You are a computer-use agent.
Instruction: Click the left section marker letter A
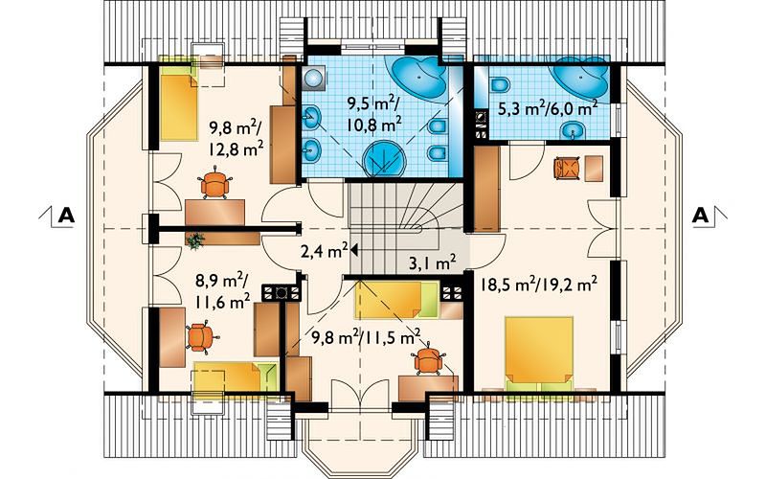pyautogui.click(x=66, y=216)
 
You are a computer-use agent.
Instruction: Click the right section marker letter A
pyautogui.click(x=700, y=216)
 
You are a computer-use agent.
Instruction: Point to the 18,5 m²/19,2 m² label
pyautogui.click(x=538, y=285)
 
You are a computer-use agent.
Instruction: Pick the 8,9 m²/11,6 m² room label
pyautogui.click(x=223, y=292)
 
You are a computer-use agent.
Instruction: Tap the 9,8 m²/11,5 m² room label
pyautogui.click(x=367, y=337)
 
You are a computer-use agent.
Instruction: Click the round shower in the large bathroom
pyautogui.click(x=385, y=159)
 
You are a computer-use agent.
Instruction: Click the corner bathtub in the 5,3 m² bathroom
pyautogui.click(x=582, y=76)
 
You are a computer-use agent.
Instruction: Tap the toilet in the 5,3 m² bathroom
pyautogui.click(x=499, y=85)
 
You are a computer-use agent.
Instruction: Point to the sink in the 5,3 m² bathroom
pyautogui.click(x=573, y=131)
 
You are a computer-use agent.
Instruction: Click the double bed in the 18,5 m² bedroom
pyautogui.click(x=539, y=353)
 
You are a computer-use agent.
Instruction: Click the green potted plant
pyautogui.click(x=195, y=240)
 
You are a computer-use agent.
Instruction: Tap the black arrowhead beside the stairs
pyautogui.click(x=354, y=250)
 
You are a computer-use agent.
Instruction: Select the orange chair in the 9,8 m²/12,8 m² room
pyautogui.click(x=214, y=182)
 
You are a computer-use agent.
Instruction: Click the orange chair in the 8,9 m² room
pyautogui.click(x=200, y=337)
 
